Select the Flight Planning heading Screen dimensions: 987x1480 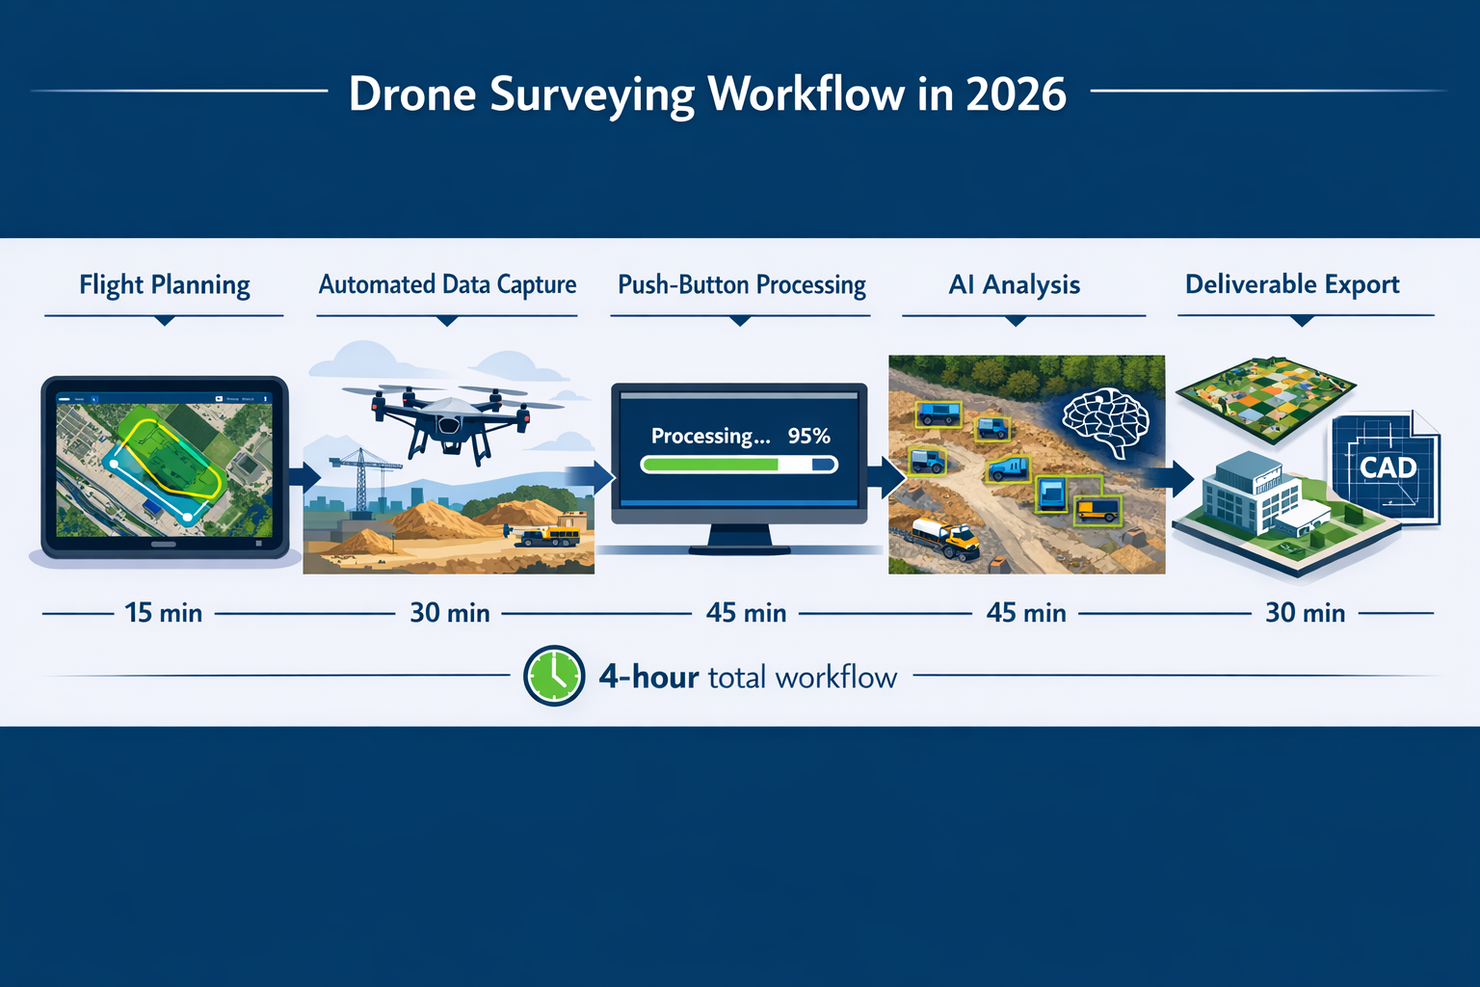165,285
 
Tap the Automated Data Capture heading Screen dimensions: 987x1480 447,285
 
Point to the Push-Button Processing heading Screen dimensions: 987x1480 741,285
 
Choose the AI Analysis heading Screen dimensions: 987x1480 1014,285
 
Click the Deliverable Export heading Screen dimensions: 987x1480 1291,285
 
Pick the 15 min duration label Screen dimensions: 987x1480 163,613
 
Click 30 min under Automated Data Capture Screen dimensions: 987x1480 450,613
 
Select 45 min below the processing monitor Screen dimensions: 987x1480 746,613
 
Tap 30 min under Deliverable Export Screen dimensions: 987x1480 1305,613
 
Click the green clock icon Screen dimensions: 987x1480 554,676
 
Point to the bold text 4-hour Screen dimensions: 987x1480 648,677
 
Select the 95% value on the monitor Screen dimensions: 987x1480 808,436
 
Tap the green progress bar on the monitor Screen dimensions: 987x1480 711,465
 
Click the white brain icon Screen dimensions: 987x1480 1105,420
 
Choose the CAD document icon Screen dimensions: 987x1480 1387,467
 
